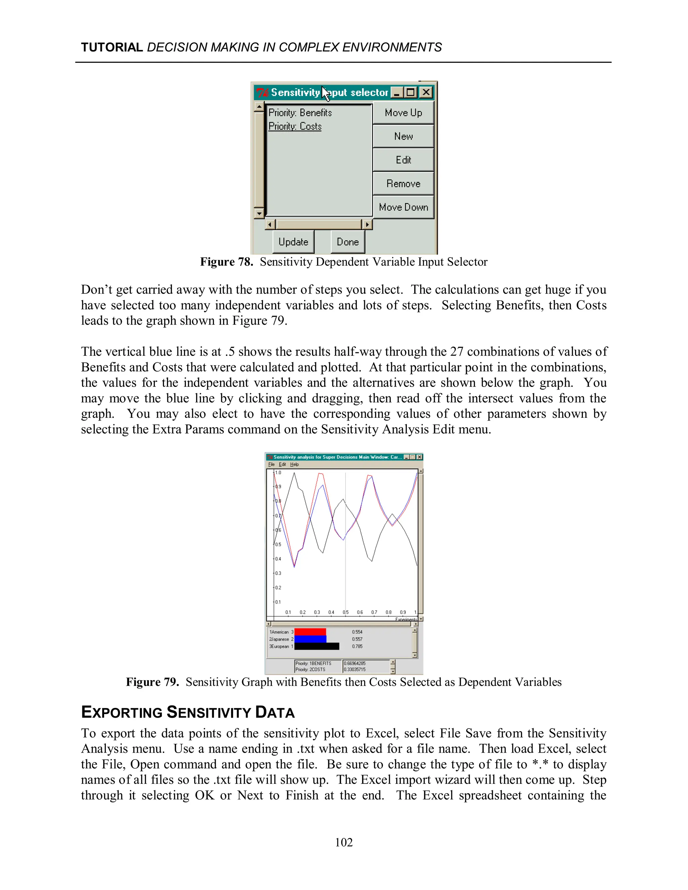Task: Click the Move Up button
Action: (x=403, y=113)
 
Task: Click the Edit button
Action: (x=403, y=160)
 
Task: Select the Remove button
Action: (x=403, y=184)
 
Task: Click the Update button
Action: (x=293, y=242)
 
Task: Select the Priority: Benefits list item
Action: (x=300, y=113)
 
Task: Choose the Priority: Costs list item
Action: (x=295, y=126)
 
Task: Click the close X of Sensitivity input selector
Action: (x=426, y=92)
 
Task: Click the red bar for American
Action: (x=310, y=632)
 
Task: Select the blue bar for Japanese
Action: (x=310, y=639)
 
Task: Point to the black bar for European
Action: (x=316, y=646)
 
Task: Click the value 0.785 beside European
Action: (x=357, y=646)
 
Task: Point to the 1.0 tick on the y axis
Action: (x=278, y=473)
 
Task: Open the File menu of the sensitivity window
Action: (x=271, y=464)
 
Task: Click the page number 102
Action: (x=344, y=842)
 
